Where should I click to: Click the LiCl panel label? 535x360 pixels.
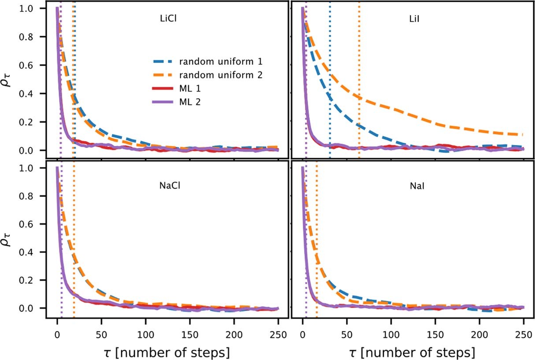click(168, 19)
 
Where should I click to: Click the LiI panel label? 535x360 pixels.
click(413, 19)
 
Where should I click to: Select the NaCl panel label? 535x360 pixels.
click(170, 186)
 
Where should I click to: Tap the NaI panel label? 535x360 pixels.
click(414, 186)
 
